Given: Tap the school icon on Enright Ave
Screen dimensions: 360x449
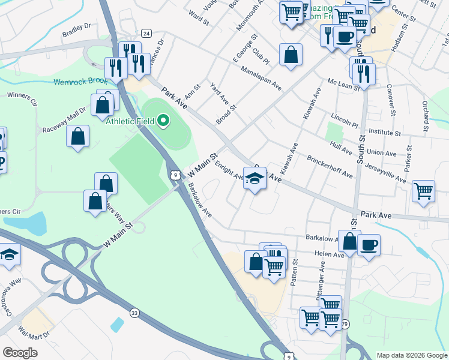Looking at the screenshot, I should pyautogui.click(x=255, y=178).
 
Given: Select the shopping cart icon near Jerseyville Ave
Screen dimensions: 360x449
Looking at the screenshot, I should pyautogui.click(x=424, y=191).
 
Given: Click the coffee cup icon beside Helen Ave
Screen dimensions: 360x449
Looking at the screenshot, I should pyautogui.click(x=369, y=244).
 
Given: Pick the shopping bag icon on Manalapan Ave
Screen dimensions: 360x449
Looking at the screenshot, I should pyautogui.click(x=291, y=55).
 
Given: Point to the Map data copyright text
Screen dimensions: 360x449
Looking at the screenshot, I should pyautogui.click(x=411, y=355).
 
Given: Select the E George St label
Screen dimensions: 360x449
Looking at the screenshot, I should pyautogui.click(x=243, y=49).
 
